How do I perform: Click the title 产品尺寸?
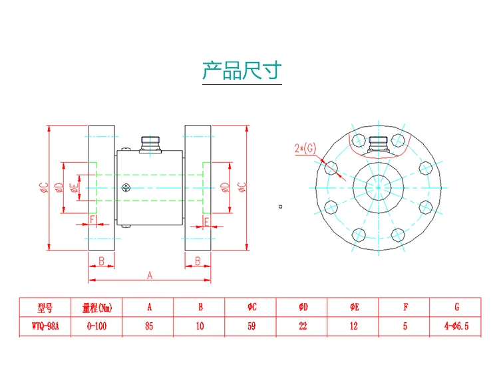tap(242, 70)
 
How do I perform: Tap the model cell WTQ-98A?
tap(45, 326)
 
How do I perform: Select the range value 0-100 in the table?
tap(96, 326)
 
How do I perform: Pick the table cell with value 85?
tap(149, 326)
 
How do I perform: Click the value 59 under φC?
tap(251, 326)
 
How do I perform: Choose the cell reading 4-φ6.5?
tap(456, 326)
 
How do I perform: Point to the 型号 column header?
tap(45, 308)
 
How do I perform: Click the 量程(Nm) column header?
tap(97, 308)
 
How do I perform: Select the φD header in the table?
tap(303, 307)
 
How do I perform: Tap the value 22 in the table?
tap(303, 326)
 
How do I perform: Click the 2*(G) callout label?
tap(305, 148)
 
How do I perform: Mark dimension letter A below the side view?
tap(150, 275)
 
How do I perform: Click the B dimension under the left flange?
tap(102, 261)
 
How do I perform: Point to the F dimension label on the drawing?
tap(92, 219)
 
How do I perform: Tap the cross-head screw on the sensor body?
tap(126, 188)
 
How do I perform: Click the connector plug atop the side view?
tap(150, 145)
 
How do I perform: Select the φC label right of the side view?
tap(242, 187)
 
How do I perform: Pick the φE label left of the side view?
tap(74, 188)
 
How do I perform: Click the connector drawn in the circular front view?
tap(378, 145)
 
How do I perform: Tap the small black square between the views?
tap(280, 207)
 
